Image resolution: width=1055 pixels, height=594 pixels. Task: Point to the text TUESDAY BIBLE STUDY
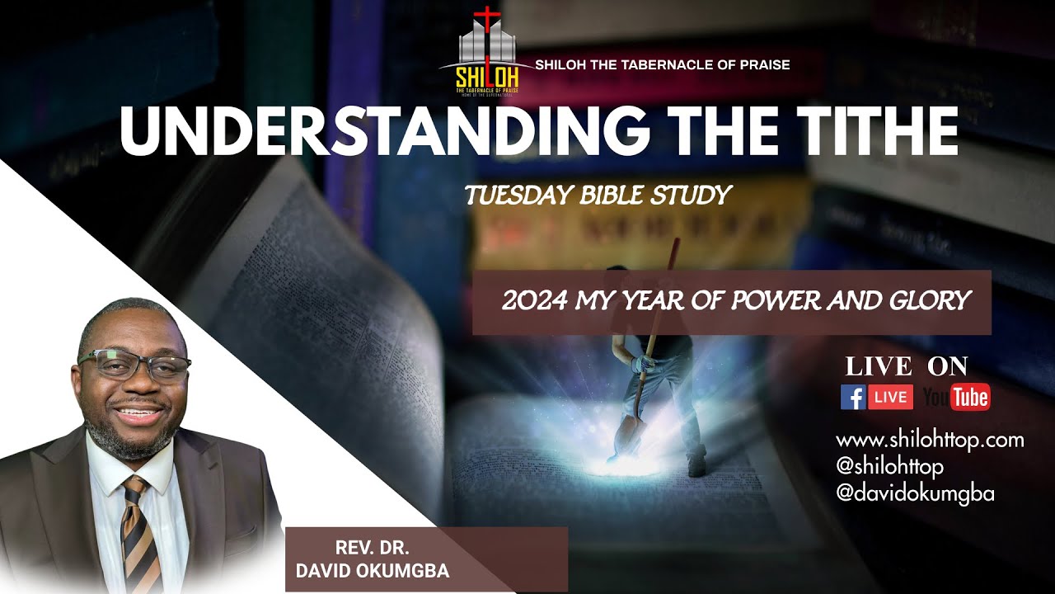[x=598, y=196]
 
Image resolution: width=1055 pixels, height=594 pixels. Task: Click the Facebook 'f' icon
[x=853, y=397]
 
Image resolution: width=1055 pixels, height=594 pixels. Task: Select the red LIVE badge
[x=890, y=397]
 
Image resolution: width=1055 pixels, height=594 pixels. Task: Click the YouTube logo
[x=956, y=397]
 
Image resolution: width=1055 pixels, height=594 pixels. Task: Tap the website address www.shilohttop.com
[x=930, y=440]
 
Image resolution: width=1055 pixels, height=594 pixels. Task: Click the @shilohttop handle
[x=889, y=466]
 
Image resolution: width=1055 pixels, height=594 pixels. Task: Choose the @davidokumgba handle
[x=915, y=493]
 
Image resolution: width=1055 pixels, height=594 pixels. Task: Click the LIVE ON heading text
[x=907, y=366]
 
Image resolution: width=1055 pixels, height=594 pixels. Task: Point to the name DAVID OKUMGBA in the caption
[x=372, y=571]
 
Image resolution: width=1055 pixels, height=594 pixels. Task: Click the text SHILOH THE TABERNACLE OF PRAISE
[x=662, y=64]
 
